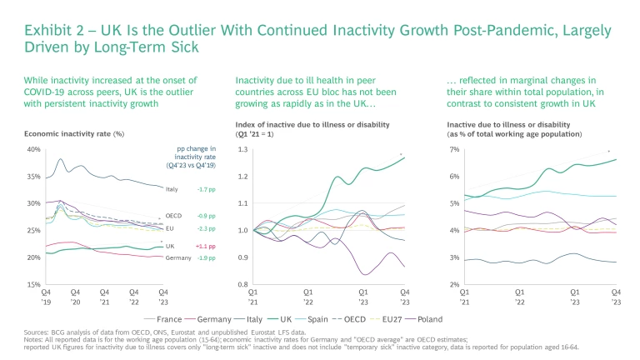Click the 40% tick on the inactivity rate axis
pyautogui.click(x=34, y=150)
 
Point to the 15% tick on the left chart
pyautogui.click(x=34, y=284)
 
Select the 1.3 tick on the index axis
pyautogui.click(x=242, y=150)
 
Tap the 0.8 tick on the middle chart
pyautogui.click(x=242, y=284)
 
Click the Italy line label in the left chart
pyautogui.click(x=172, y=189)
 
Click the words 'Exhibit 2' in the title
pyautogui.click(x=52, y=31)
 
